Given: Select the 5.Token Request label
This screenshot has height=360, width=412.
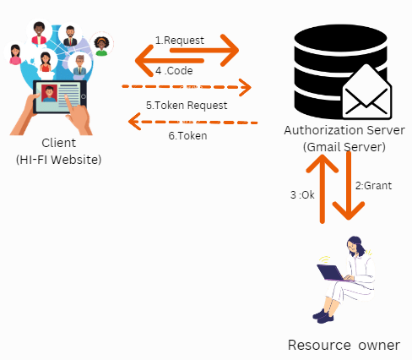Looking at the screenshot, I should point(186,106).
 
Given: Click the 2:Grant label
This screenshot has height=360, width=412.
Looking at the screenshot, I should point(372,185).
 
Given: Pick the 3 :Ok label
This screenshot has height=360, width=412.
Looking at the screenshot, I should point(302,195).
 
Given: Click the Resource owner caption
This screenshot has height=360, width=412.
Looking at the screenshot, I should point(343,344).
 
